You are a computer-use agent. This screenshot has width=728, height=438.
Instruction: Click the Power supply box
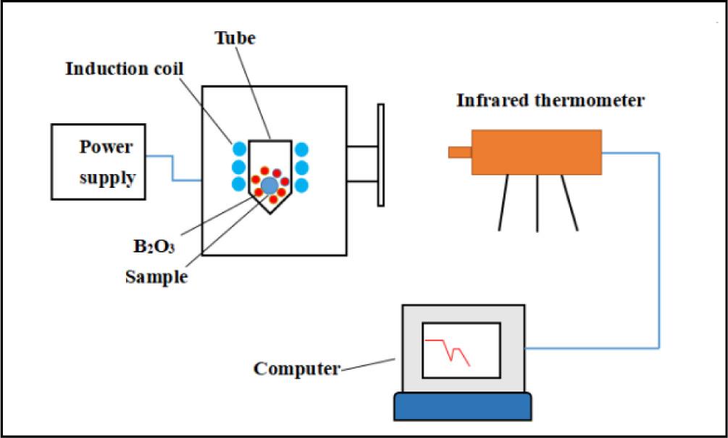click(98, 161)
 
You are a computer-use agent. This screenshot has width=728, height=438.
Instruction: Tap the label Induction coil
click(125, 69)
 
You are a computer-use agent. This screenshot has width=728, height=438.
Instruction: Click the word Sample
click(156, 276)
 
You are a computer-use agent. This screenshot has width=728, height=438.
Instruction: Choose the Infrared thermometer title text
click(550, 100)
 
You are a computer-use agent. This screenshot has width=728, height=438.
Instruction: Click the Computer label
click(296, 368)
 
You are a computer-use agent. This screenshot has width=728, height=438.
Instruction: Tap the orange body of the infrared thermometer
click(536, 152)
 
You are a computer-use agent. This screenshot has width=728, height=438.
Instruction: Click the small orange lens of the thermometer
click(459, 152)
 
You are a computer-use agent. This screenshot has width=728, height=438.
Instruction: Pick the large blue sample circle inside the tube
click(269, 185)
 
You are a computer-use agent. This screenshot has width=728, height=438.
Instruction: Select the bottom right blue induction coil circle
click(302, 184)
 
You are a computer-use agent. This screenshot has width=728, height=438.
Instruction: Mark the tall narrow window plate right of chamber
click(380, 155)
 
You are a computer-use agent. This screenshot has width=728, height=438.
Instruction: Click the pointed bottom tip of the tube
click(269, 211)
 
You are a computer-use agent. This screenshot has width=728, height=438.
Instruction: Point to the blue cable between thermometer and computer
click(658, 254)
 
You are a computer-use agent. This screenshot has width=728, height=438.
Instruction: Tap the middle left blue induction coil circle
click(238, 168)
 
